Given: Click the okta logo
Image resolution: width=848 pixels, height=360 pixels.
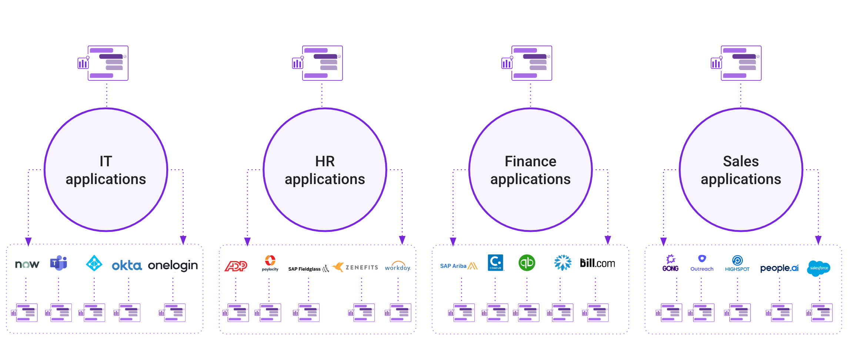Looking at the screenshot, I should click(127, 265).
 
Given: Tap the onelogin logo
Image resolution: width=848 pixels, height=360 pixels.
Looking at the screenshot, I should click(173, 266).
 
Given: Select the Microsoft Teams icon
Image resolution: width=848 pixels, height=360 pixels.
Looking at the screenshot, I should click(59, 263).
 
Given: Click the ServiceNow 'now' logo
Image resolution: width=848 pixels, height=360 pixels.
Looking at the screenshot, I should click(27, 264).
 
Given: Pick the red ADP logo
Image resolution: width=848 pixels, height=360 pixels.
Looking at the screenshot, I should click(236, 266).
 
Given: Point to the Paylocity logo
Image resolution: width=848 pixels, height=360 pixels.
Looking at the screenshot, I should click(270, 263).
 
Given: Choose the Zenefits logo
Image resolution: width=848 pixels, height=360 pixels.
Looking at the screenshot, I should click(355, 267).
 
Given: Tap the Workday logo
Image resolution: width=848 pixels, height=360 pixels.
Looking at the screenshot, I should click(398, 266).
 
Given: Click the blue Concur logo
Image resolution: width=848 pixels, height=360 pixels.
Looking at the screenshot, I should click(495, 263).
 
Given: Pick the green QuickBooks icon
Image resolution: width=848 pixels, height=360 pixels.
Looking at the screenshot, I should click(527, 263).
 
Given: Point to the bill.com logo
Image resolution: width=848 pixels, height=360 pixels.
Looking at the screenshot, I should click(597, 263).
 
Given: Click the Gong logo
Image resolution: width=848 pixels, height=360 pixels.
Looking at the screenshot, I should click(671, 263).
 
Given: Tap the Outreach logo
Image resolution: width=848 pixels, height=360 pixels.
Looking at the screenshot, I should click(702, 263).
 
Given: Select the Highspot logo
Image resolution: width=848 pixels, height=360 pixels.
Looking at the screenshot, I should click(737, 263).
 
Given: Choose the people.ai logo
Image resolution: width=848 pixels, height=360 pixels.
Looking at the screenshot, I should click(779, 268).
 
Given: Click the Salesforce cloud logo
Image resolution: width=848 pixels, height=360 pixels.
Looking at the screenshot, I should click(819, 268).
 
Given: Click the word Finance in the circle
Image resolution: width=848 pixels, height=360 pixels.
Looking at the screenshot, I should click(530, 161).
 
